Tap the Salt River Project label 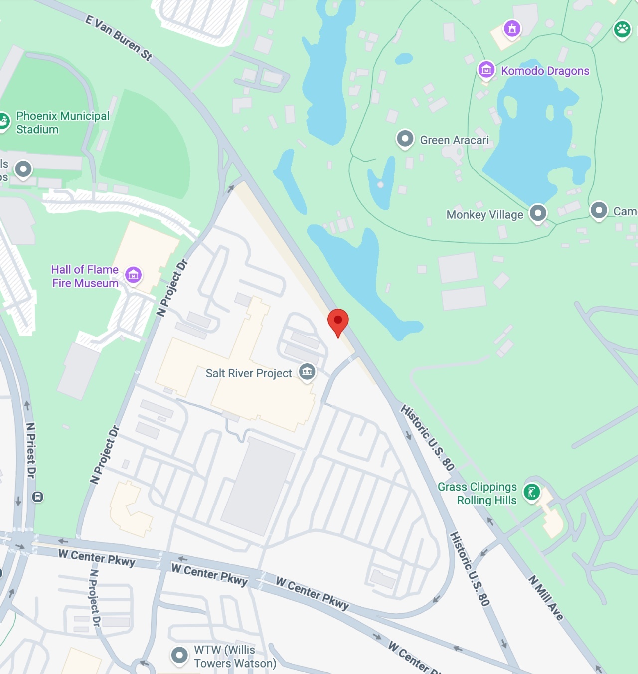[x=249, y=373]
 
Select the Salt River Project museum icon [x=307, y=371]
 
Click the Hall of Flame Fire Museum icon [x=133, y=275]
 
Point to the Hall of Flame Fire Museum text [x=85, y=276]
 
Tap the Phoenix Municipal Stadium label [x=62, y=123]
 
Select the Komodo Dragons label [x=545, y=71]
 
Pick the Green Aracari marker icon [x=405, y=139]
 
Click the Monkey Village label [x=484, y=215]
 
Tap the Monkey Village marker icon [x=538, y=213]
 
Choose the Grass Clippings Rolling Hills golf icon [x=532, y=493]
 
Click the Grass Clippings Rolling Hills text [x=478, y=493]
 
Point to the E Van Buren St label [x=119, y=38]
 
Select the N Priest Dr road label [x=31, y=450]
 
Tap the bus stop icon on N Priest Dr [x=37, y=497]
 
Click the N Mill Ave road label [x=546, y=598]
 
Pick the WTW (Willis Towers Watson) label [x=234, y=656]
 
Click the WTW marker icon [x=179, y=655]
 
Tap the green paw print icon [x=622, y=30]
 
